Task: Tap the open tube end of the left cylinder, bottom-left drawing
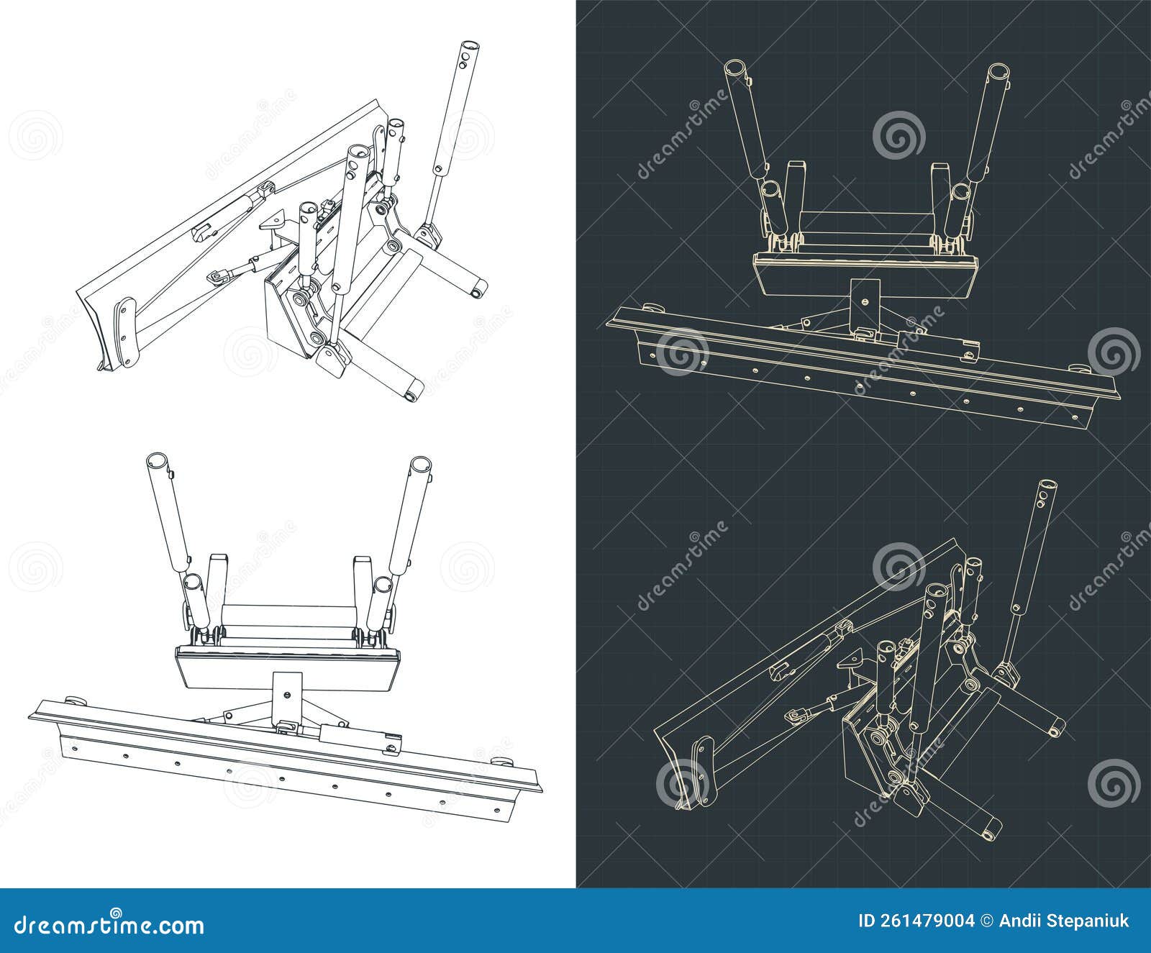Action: click(155, 461)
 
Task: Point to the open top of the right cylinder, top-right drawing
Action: click(999, 73)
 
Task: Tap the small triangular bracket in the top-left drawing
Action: click(273, 222)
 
